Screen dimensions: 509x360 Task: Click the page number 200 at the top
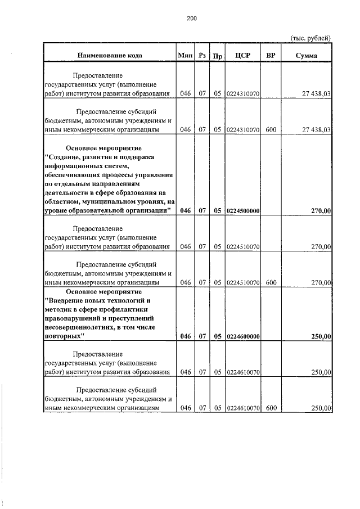click(x=192, y=19)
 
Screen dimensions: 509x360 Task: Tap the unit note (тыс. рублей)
click(x=310, y=38)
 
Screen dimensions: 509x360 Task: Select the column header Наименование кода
click(x=110, y=56)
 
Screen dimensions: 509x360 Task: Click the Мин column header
click(x=185, y=56)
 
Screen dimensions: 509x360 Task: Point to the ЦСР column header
click(x=243, y=56)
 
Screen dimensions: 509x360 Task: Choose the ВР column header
click(x=271, y=56)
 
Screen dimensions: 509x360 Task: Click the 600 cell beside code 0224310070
click(x=271, y=129)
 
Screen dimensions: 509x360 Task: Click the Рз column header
click(x=202, y=56)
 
